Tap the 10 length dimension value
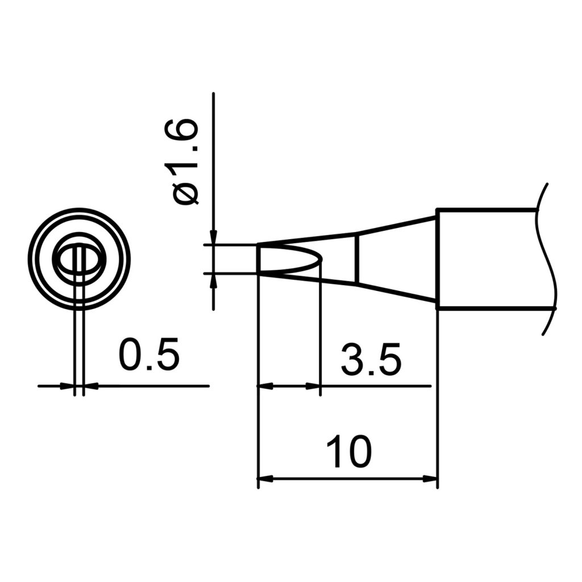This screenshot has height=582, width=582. tap(348, 452)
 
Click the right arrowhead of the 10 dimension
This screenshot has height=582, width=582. tap(432, 479)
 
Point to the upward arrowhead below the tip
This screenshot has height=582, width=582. tap(213, 280)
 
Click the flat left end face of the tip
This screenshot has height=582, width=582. tap(259, 259)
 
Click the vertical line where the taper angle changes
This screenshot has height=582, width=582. tap(357, 259)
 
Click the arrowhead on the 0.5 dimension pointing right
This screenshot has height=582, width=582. tap(69, 386)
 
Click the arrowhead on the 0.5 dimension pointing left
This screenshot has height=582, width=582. tap(90, 386)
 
